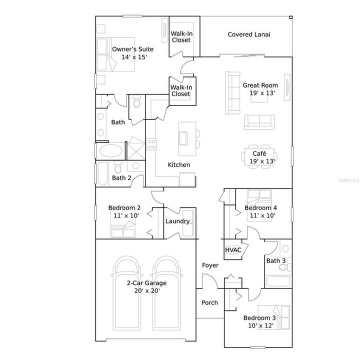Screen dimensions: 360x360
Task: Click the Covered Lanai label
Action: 249,34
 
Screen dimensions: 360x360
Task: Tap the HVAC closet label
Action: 233,250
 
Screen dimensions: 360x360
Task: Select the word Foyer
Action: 210,265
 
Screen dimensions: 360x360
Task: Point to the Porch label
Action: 209,302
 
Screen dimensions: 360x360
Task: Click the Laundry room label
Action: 177,221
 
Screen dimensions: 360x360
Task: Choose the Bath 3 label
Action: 276,261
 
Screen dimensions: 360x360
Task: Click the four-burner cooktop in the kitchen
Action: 151,144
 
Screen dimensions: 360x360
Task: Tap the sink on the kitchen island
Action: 183,137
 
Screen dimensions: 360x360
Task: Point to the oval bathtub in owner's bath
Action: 110,151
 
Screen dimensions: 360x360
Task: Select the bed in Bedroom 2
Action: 123,230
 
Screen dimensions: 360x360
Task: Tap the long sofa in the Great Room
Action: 233,92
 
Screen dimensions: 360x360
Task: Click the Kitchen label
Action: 178,164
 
